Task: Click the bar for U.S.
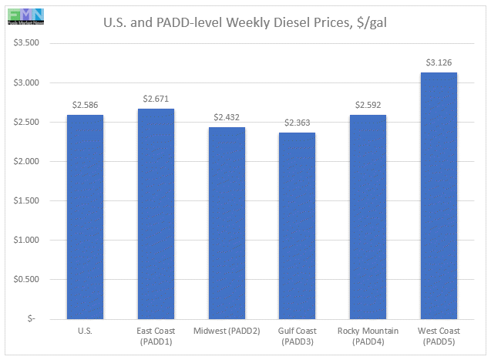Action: click(85, 217)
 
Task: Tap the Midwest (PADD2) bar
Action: click(227, 223)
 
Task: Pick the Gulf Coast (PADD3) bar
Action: click(297, 225)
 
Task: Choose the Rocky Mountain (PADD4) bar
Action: click(368, 217)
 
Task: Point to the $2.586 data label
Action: click(85, 105)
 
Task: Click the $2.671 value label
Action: click(156, 99)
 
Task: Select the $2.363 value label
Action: click(297, 123)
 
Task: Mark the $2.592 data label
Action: click(368, 105)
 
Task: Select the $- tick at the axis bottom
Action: click(37, 318)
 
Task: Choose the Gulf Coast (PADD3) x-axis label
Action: click(297, 335)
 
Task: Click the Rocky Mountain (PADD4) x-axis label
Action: click(368, 335)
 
